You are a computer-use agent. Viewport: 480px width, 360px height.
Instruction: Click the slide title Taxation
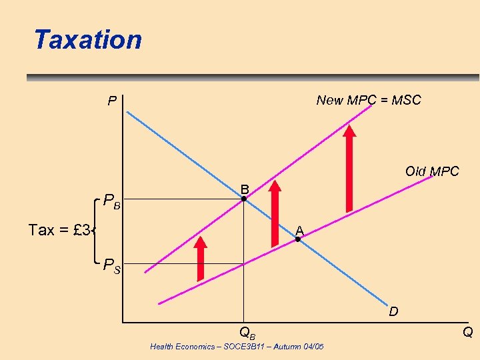88,39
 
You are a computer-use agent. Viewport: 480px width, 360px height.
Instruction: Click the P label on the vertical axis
113,102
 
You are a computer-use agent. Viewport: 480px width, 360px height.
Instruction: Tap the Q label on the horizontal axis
468,332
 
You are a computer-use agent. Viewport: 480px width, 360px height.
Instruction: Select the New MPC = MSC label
369,100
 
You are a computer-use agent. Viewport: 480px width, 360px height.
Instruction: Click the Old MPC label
432,171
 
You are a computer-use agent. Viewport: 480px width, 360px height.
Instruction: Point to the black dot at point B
244,199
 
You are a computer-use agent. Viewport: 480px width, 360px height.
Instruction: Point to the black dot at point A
298,239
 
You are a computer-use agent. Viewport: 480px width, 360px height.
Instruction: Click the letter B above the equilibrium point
245,188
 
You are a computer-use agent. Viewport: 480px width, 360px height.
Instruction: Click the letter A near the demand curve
300,230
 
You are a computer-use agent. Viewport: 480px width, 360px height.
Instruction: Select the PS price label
111,267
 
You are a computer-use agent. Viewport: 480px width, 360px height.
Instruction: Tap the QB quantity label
247,331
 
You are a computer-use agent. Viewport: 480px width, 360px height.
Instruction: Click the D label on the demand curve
394,311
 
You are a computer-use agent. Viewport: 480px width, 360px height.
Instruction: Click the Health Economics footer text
237,347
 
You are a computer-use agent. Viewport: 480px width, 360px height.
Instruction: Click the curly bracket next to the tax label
99,231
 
